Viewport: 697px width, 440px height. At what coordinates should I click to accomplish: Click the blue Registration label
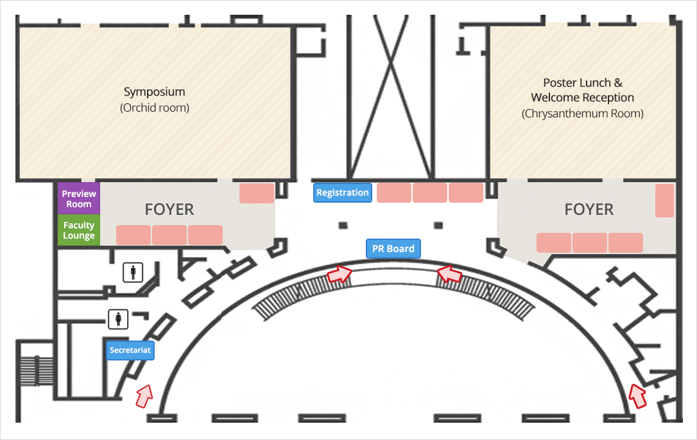point(343,192)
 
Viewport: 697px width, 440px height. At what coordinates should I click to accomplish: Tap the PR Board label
point(393,248)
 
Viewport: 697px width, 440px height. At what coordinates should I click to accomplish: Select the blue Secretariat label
point(130,350)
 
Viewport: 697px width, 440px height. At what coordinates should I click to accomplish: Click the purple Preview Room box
point(79,199)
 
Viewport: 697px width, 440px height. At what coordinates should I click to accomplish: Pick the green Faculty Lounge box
point(79,230)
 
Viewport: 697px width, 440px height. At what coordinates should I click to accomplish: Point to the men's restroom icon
point(133,273)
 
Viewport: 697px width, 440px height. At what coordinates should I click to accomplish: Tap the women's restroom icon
point(118,319)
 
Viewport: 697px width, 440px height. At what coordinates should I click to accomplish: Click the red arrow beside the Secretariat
point(144,396)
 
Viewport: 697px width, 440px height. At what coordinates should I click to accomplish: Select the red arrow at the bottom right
point(638,396)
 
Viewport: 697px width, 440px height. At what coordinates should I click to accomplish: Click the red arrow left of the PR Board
point(340,274)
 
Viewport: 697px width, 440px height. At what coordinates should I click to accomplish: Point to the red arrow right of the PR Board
point(449,274)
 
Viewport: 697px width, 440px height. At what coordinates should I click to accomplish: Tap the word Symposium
point(154,92)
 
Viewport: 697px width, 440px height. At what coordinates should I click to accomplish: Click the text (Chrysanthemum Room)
point(582,114)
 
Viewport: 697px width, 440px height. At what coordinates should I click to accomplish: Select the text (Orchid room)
point(154,108)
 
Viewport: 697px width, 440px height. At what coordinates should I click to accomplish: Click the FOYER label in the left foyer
point(169,209)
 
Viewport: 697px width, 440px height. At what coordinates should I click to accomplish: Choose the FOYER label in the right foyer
point(589,209)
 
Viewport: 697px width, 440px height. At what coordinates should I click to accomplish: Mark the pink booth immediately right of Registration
point(394,192)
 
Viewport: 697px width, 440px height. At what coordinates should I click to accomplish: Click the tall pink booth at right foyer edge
point(664,201)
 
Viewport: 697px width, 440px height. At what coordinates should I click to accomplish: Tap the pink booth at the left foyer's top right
point(257,193)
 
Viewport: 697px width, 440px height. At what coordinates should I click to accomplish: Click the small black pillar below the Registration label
point(343,225)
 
